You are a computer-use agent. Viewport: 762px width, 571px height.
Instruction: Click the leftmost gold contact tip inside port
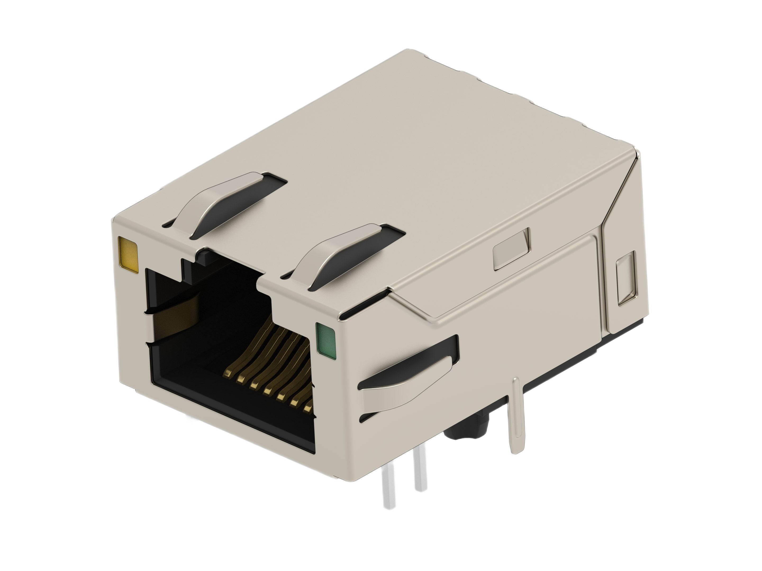[227, 373]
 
